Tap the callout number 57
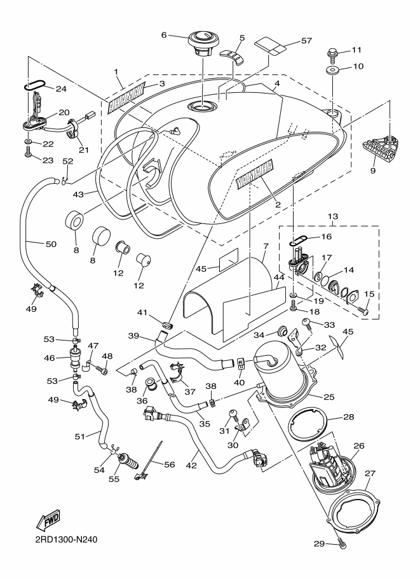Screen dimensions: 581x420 coord(306,41)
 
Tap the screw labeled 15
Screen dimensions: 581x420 coord(364,311)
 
